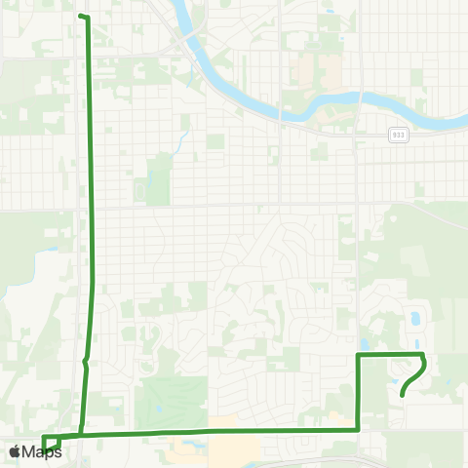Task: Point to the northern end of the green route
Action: (x=81, y=17)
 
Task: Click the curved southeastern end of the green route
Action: (x=403, y=395)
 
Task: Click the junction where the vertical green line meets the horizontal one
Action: (x=80, y=435)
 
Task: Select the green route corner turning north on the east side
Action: (x=359, y=428)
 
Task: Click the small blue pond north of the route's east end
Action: (x=417, y=318)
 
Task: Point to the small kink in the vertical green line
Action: (x=86, y=361)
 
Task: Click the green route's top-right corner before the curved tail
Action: (x=421, y=355)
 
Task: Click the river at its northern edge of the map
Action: (x=181, y=8)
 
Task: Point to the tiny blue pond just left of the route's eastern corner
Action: (x=364, y=343)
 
